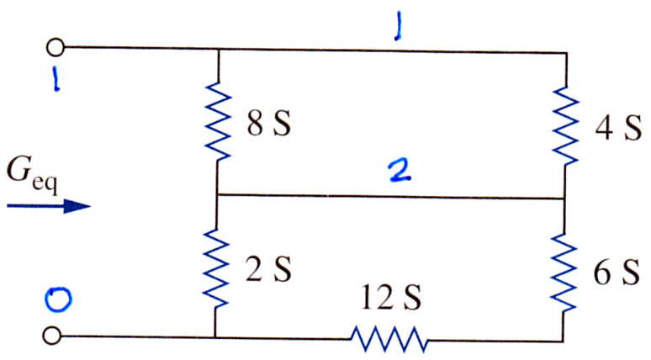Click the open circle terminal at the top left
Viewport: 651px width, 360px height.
[x=56, y=47]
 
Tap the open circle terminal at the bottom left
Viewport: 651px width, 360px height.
[x=52, y=335]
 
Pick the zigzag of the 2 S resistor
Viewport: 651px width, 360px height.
[x=216, y=268]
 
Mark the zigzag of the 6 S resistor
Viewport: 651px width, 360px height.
[x=564, y=272]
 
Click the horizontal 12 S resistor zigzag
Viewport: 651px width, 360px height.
[x=389, y=339]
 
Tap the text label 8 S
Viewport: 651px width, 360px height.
[x=269, y=124]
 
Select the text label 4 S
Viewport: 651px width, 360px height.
[x=618, y=128]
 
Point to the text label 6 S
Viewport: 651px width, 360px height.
[x=617, y=273]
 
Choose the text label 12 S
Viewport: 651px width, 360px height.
[x=390, y=297]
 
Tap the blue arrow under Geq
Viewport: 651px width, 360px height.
[x=49, y=205]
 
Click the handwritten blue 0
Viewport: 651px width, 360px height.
[x=58, y=299]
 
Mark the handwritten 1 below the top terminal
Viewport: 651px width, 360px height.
[x=56, y=80]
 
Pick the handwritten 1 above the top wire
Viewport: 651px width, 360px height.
[x=398, y=26]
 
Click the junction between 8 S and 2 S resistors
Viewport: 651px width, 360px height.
[x=218, y=194]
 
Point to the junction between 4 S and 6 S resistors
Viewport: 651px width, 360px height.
[x=564, y=199]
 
